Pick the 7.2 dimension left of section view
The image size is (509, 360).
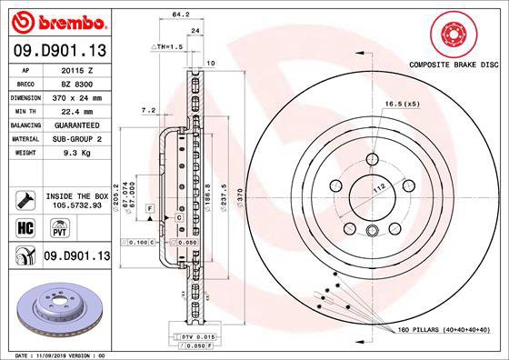coord(149,110)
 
